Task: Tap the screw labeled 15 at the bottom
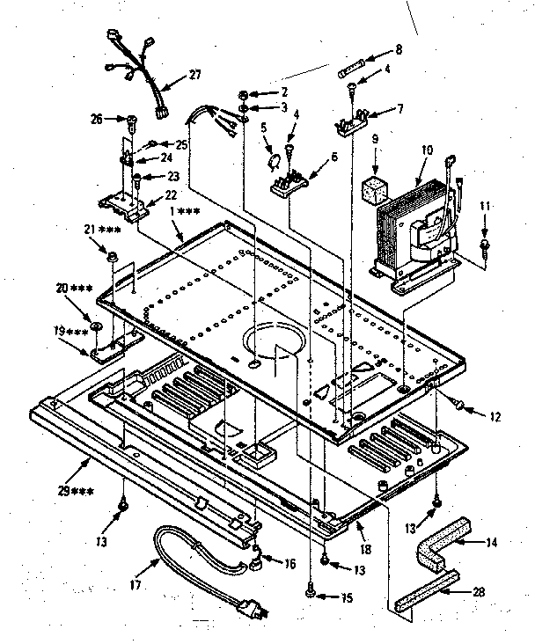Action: [310, 596]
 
